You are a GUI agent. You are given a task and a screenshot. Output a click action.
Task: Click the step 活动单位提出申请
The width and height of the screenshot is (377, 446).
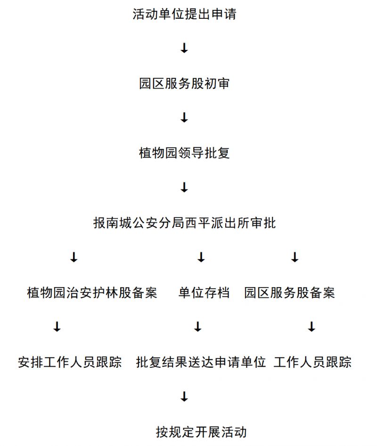(184, 14)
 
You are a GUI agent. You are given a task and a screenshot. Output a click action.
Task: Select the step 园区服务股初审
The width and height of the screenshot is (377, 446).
(184, 84)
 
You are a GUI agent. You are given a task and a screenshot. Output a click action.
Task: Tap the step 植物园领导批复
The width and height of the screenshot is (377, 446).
(184, 153)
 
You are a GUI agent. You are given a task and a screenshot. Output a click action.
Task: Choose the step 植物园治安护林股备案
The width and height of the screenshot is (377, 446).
(92, 293)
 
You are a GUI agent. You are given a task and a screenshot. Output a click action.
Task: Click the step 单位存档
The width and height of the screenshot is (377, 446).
(204, 293)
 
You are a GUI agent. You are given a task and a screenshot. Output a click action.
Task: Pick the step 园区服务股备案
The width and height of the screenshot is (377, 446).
(289, 293)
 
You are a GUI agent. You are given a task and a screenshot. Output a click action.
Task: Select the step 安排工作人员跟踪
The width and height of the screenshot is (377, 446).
(70, 362)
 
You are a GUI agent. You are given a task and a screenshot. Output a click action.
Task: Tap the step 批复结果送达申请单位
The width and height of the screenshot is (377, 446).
(201, 362)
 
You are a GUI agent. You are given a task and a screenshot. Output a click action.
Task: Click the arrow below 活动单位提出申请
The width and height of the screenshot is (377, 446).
(184, 48)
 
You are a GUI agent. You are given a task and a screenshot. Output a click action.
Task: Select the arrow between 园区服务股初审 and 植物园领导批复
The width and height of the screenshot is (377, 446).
(184, 117)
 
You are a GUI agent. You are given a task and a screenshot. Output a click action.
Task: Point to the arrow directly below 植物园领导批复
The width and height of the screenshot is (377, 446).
(184, 187)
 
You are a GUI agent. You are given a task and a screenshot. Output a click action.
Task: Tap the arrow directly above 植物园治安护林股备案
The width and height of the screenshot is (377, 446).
(74, 257)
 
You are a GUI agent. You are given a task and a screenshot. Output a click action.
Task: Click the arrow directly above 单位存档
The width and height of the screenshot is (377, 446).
(201, 257)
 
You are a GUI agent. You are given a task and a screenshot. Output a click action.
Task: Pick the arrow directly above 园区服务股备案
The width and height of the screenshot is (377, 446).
(295, 257)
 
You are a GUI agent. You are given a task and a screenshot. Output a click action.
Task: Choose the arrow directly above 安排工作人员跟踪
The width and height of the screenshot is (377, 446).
(57, 327)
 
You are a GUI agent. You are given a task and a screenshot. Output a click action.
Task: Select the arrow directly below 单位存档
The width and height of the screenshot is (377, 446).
(198, 327)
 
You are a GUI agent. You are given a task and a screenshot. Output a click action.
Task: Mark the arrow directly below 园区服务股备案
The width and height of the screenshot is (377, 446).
(311, 327)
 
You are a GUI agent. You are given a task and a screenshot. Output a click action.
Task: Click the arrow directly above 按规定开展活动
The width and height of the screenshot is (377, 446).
(184, 396)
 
